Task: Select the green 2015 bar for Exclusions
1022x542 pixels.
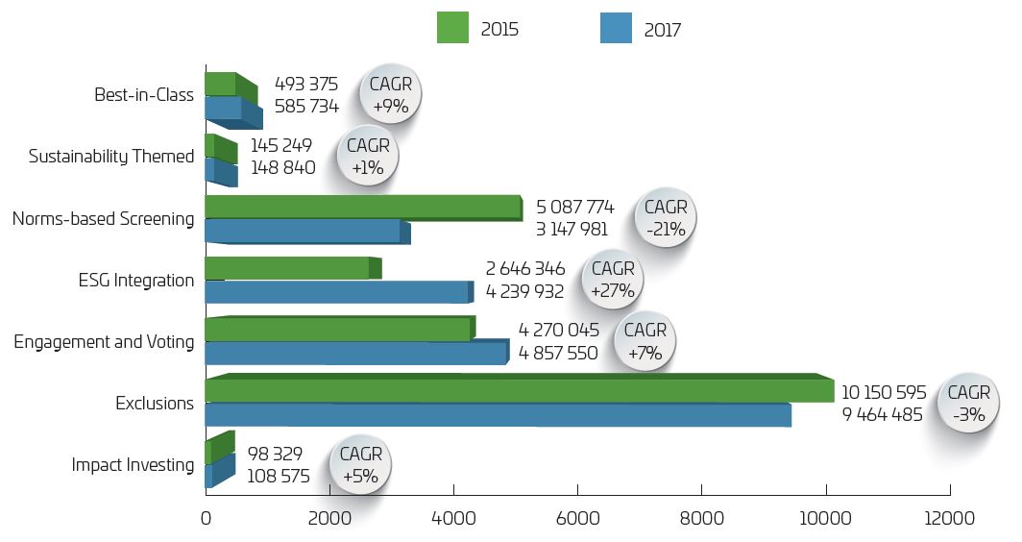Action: [x=519, y=391]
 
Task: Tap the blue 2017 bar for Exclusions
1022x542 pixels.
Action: [x=498, y=415]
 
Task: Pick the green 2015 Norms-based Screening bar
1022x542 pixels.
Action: [x=363, y=207]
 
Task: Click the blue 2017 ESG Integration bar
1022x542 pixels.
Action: [x=336, y=292]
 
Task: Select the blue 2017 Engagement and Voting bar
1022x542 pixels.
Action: [x=355, y=353]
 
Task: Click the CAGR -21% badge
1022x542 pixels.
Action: [x=666, y=218]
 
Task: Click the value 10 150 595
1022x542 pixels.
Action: [x=884, y=392]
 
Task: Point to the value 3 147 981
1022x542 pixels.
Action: [x=572, y=230]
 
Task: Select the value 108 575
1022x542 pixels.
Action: [x=279, y=476]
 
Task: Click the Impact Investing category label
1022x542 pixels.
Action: [x=133, y=465]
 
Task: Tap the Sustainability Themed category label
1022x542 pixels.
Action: [x=111, y=156]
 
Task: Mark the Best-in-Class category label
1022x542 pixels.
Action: [x=144, y=95]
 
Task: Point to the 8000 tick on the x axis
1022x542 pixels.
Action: [x=702, y=519]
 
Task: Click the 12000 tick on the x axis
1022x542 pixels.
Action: [x=950, y=519]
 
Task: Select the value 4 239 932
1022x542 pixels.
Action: [x=524, y=291]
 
